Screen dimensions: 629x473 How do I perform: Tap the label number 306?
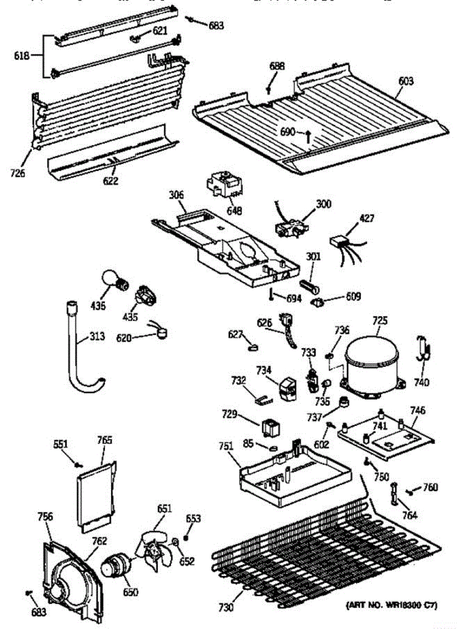coord(176,194)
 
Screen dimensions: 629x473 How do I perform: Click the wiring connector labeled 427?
coord(339,243)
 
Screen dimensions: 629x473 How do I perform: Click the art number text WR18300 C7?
coord(391,606)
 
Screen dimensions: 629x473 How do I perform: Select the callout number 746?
coord(418,410)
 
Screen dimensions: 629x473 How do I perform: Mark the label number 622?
coord(111,181)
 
